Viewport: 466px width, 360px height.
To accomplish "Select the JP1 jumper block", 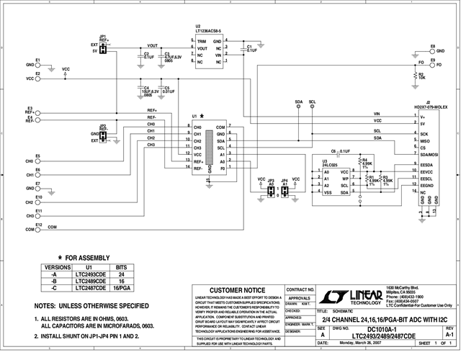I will pos(103,48).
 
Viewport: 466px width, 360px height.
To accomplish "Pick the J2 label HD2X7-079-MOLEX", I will pos(431,107).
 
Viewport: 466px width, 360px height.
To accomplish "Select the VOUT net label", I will pos(152,45).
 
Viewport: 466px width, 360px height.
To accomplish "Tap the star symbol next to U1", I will pos(202,115).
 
